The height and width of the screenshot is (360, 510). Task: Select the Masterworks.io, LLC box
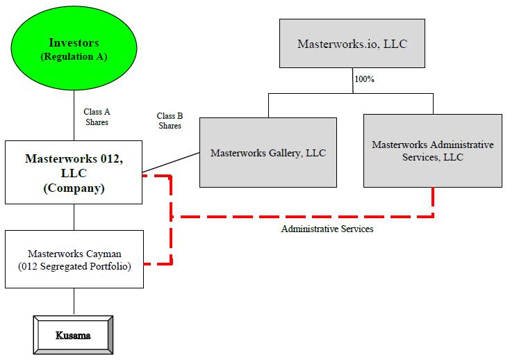pyautogui.click(x=352, y=44)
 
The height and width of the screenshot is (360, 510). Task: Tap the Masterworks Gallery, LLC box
pyautogui.click(x=268, y=153)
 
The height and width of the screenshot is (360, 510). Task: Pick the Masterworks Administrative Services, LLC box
pyautogui.click(x=432, y=151)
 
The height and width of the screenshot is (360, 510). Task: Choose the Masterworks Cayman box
pyautogui.click(x=74, y=259)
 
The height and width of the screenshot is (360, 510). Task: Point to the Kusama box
pyautogui.click(x=73, y=336)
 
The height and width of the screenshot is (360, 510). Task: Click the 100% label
pyautogui.click(x=364, y=79)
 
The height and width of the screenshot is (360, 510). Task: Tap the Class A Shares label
pyautogui.click(x=97, y=117)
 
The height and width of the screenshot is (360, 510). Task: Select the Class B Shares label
pyautogui.click(x=169, y=121)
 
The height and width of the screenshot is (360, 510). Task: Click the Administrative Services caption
pyautogui.click(x=327, y=229)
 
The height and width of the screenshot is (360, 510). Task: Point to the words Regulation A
pyautogui.click(x=74, y=56)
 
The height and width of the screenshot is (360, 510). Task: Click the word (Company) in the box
pyautogui.click(x=74, y=188)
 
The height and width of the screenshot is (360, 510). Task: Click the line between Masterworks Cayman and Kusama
pyautogui.click(x=74, y=301)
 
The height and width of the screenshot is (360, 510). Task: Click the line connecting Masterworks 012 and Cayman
pyautogui.click(x=74, y=217)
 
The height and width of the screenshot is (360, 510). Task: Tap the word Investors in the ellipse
pyautogui.click(x=74, y=43)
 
